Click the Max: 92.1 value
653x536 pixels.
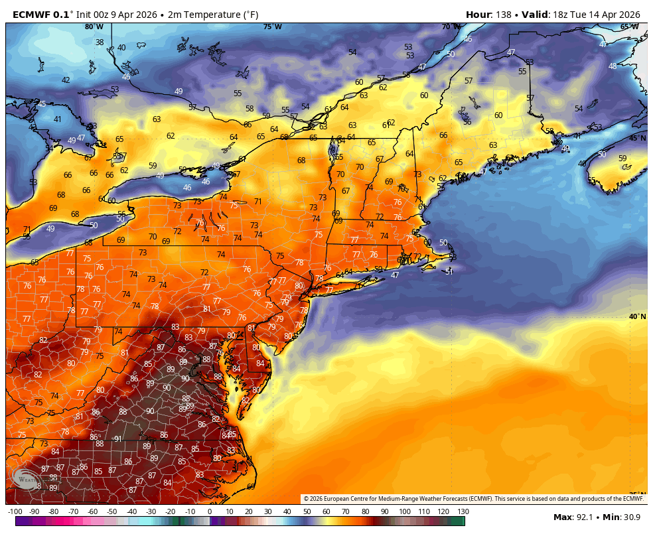click(x=575, y=517)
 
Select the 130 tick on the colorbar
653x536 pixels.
click(x=463, y=511)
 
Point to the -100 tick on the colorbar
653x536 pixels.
click(x=15, y=511)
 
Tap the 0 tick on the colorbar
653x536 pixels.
click(x=209, y=511)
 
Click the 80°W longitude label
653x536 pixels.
click(x=94, y=27)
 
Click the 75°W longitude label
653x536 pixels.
click(x=272, y=27)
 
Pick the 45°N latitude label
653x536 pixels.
click(x=637, y=138)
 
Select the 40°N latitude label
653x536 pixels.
click(x=637, y=316)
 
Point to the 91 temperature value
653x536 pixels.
click(x=117, y=439)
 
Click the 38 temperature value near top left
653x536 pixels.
click(x=100, y=42)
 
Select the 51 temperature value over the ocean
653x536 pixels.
click(x=449, y=271)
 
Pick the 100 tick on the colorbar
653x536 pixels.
click(x=404, y=511)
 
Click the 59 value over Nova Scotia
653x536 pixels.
click(x=622, y=159)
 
